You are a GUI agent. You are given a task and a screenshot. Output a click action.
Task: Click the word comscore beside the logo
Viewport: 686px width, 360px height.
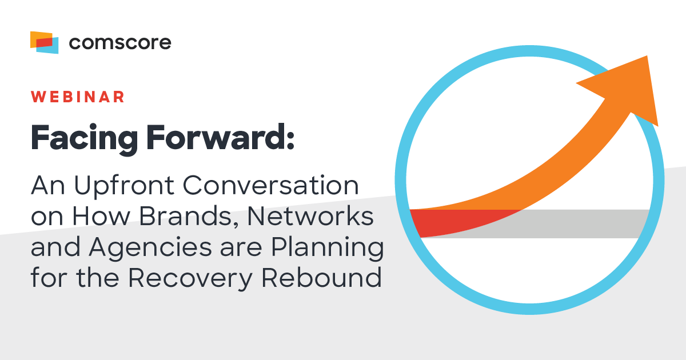tap(119, 42)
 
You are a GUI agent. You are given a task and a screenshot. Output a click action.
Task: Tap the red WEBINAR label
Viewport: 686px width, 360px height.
tap(78, 97)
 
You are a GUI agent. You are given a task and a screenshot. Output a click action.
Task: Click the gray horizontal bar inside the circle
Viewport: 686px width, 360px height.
tap(589, 223)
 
